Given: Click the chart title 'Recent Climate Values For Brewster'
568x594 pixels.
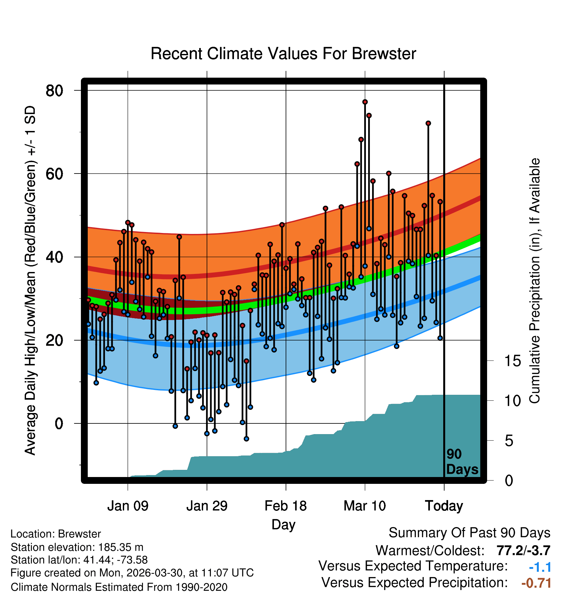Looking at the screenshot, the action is pos(283,54).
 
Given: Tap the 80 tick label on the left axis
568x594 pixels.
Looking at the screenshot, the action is pos(54,91).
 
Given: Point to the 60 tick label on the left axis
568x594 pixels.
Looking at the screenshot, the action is pos(54,174).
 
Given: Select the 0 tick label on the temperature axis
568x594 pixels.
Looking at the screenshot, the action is pos(59,424).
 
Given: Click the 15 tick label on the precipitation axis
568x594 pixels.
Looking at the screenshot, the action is pos(513,361).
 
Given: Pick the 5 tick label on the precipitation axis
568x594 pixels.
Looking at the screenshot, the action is pos(509,441).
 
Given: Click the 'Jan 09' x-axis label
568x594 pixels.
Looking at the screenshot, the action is pos(128,506).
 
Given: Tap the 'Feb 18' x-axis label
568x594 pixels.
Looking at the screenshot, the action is pos(286,506).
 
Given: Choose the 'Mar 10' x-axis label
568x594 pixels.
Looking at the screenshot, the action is pos(365,506).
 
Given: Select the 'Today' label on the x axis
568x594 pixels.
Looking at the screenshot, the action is pos(444,506).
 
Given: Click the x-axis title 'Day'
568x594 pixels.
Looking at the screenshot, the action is pos(283,525).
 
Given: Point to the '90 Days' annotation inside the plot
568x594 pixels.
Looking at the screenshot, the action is pos(462,462).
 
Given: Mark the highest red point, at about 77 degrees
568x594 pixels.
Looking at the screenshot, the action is pos(365,102).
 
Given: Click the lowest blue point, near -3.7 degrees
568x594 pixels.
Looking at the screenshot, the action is pos(246,439).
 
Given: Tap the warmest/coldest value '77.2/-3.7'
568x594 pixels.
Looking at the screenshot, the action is pos(523,551).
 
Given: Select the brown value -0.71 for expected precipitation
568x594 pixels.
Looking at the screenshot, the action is pos(536,583).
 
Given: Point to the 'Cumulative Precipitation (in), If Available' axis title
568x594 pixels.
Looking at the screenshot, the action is pos(534,281).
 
